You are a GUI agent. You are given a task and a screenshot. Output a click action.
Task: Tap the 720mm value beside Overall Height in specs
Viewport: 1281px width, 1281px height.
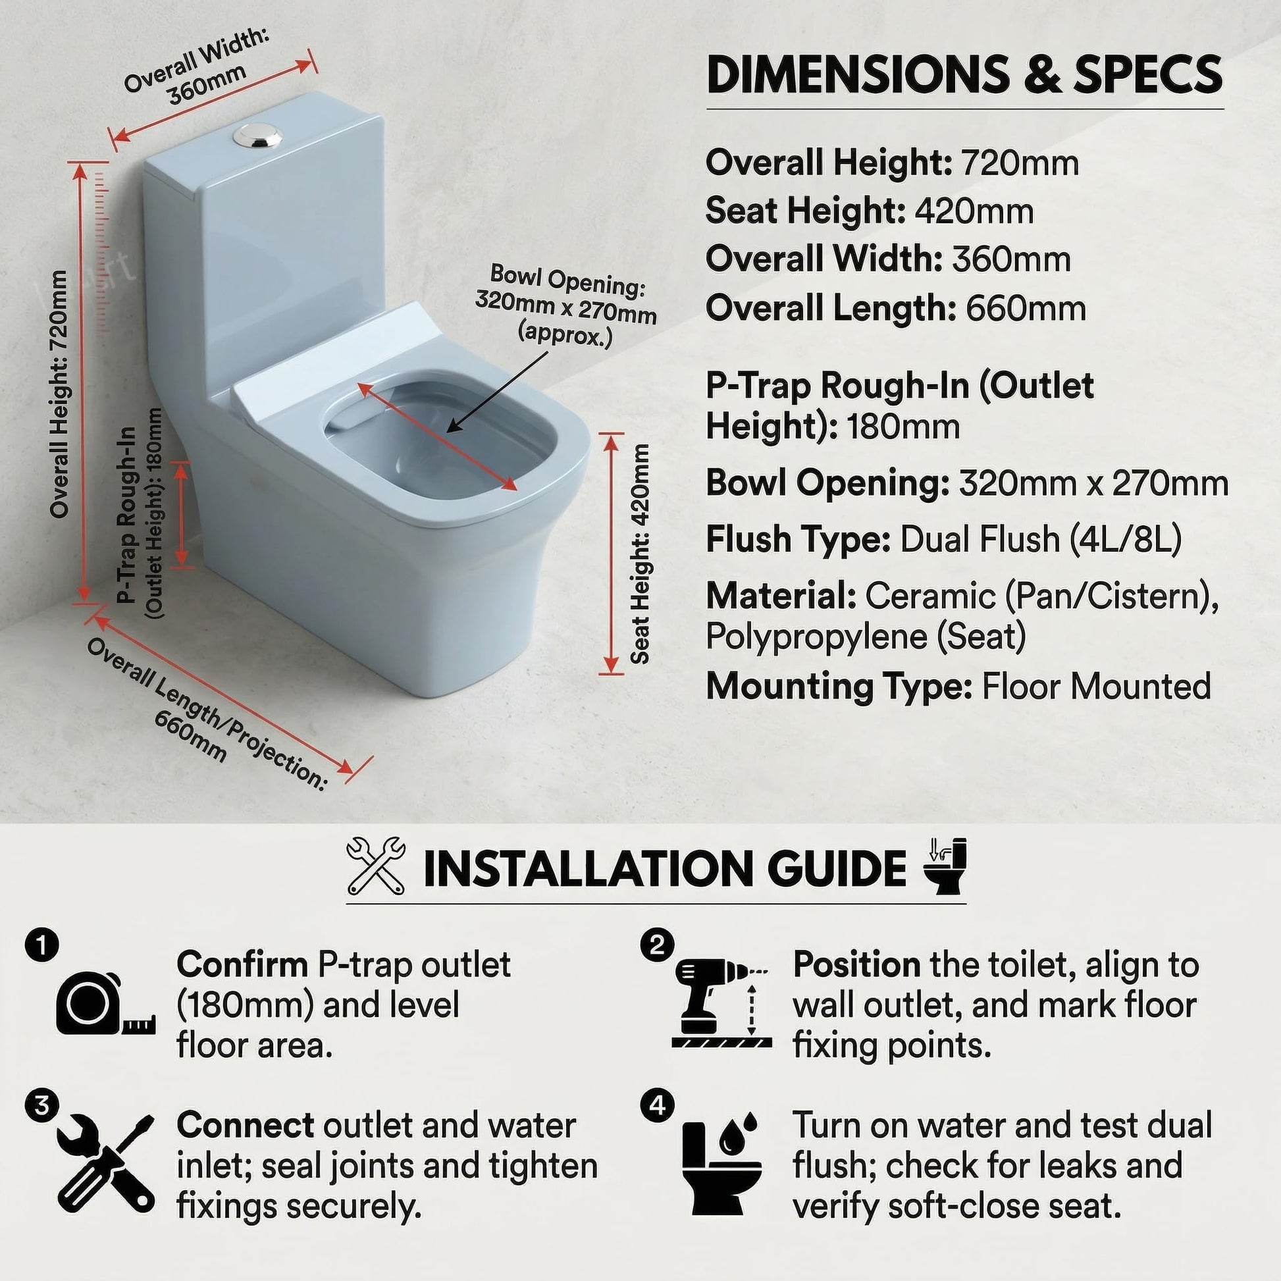coord(1020,163)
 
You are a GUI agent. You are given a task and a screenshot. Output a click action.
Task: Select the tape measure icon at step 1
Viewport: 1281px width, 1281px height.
coord(105,1003)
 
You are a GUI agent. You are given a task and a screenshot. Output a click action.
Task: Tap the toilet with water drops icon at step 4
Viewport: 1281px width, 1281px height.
coord(721,1164)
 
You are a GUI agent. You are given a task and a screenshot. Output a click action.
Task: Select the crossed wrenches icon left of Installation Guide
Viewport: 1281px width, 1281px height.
coord(376,864)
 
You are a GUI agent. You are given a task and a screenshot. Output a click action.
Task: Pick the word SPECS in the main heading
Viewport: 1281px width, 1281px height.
coord(1148,75)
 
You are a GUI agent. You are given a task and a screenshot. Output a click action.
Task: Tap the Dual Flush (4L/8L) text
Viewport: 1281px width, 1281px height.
coord(1040,539)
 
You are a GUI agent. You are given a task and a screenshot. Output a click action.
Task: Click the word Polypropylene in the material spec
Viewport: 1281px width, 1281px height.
coord(816,637)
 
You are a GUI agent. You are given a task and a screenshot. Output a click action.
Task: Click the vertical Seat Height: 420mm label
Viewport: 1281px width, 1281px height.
coord(640,554)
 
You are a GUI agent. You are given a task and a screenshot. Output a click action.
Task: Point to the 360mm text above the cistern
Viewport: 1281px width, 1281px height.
coord(206,86)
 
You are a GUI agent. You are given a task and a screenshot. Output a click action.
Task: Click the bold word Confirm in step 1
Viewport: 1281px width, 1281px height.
coord(242,965)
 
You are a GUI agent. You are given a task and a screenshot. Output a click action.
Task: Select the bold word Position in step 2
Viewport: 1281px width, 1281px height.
coord(856,965)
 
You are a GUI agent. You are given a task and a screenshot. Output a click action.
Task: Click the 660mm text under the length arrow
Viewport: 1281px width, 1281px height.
coord(190,737)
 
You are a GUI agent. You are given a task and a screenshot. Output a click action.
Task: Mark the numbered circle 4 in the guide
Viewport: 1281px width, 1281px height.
coord(656,1105)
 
